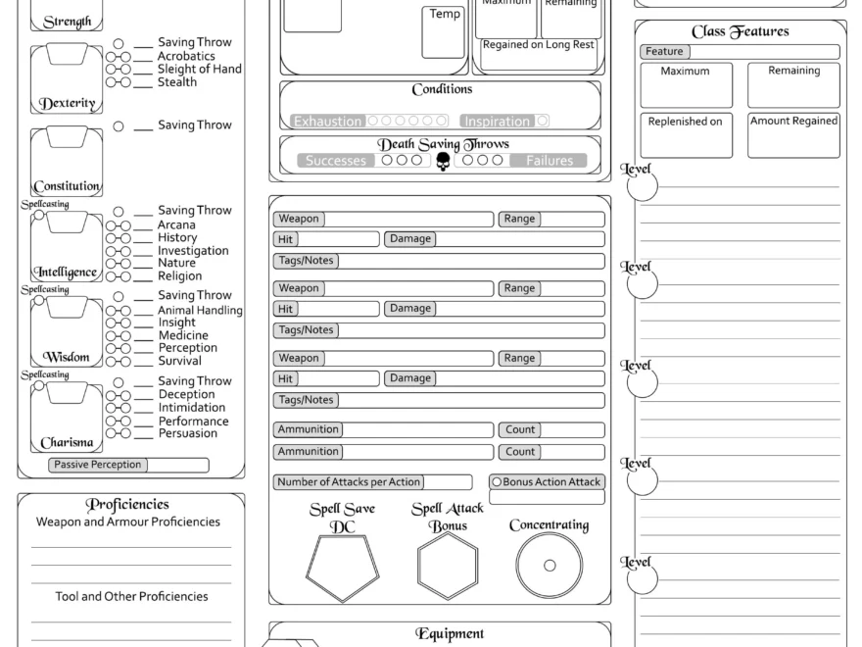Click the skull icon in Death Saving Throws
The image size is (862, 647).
(443, 161)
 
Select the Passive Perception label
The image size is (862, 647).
(97, 465)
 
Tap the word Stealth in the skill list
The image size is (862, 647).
(177, 82)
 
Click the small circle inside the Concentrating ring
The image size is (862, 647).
(550, 566)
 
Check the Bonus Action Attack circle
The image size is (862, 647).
(497, 482)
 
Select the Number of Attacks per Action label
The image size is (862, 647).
(349, 482)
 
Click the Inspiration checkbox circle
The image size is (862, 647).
(543, 122)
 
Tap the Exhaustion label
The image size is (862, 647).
(328, 122)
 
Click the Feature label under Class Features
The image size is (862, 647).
(664, 51)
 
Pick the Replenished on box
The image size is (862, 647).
(686, 135)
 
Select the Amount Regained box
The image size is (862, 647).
(793, 135)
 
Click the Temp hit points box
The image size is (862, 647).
(444, 32)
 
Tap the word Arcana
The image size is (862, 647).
(176, 224)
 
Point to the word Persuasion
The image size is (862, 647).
(188, 433)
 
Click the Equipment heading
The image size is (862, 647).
(450, 634)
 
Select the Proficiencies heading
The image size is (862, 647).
(127, 505)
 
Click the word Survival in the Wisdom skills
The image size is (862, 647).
(180, 361)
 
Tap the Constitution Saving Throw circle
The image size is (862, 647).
(119, 125)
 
